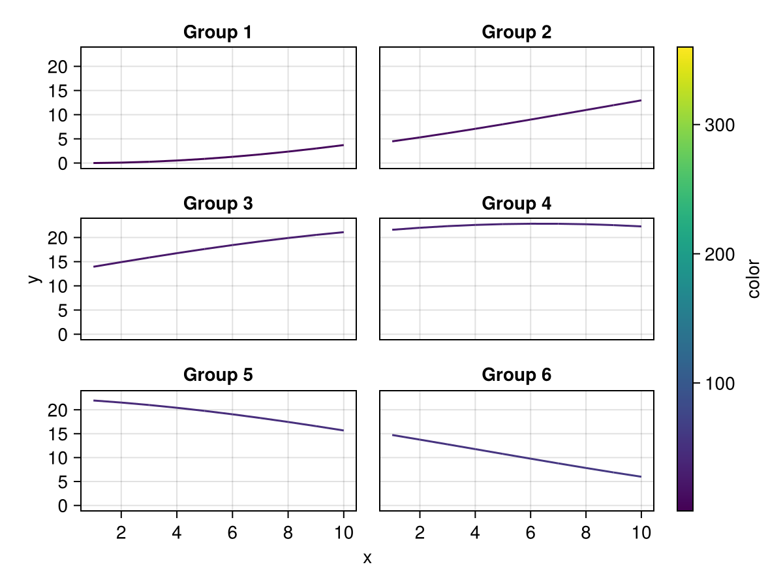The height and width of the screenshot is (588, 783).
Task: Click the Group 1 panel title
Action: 217,32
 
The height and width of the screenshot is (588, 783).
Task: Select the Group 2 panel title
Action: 516,32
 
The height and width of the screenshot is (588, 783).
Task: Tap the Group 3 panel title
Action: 218,203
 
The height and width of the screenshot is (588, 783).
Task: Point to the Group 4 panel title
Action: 516,203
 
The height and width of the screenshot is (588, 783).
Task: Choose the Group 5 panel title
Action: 218,375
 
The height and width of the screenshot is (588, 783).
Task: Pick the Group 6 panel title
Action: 516,375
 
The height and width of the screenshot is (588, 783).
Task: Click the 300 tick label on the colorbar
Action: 720,125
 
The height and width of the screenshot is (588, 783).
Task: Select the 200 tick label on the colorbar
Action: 720,255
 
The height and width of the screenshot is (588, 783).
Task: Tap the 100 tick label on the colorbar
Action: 720,384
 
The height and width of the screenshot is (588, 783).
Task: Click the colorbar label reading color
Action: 754,278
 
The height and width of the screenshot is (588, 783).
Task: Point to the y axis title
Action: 35,279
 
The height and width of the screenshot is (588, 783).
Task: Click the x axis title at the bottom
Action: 367,558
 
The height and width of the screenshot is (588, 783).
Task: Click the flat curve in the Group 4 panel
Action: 517,224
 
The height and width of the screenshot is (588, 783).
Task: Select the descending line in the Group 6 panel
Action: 517,456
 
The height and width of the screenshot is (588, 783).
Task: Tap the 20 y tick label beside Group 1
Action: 57,67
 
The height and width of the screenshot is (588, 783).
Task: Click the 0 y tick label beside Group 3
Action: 63,335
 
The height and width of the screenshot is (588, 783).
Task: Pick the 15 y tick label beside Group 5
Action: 57,434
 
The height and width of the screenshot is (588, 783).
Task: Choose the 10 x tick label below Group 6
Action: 641,532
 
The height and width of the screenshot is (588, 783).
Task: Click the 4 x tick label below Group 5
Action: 177,532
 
